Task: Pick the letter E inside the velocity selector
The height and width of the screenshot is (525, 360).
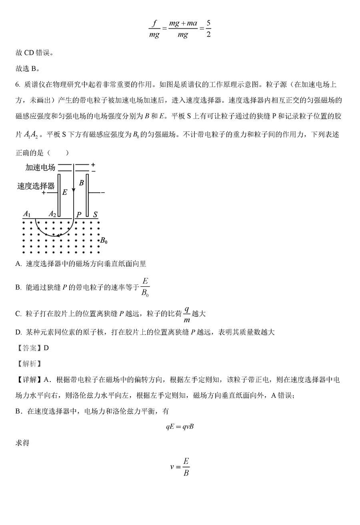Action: pyautogui.click(x=64, y=192)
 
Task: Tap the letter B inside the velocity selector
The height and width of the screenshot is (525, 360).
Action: pyautogui.click(x=81, y=183)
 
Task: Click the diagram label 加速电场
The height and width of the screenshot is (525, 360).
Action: pyautogui.click(x=40, y=168)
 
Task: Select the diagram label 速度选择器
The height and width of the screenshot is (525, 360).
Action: pyautogui.click(x=36, y=186)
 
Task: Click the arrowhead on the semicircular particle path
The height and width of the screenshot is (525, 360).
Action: pyautogui.click(x=58, y=236)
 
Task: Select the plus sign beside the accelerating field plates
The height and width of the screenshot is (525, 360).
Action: pyautogui.click(x=93, y=164)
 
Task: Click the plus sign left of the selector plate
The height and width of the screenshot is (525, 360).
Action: pyautogui.click(x=44, y=193)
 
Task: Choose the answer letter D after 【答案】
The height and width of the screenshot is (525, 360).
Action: pyautogui.click(x=46, y=348)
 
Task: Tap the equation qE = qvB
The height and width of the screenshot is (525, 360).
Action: pyautogui.click(x=180, y=427)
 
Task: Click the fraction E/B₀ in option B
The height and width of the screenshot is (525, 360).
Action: pyautogui.click(x=146, y=286)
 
